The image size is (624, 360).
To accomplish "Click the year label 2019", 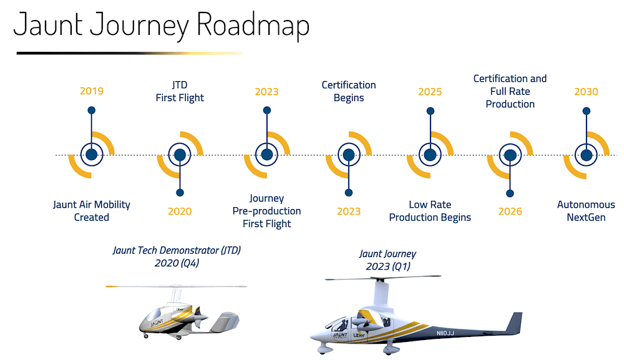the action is point(92,91).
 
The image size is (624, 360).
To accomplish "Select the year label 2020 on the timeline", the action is point(180,212).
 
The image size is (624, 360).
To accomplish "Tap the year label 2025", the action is point(430,92).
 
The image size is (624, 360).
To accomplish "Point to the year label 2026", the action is point(510,212).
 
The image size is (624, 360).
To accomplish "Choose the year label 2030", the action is point(586,92).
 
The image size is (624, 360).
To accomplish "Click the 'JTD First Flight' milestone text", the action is point(180,92).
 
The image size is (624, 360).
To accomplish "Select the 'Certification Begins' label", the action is point(349,92).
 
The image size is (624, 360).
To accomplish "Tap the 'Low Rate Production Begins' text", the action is point(430,211).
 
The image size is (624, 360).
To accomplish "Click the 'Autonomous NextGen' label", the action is point(586,211).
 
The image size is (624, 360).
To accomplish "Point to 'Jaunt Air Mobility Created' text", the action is point(92,211).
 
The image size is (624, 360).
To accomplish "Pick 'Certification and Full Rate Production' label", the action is point(510,92).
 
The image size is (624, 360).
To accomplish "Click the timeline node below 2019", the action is point(92,155).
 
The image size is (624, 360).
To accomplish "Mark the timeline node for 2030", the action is point(586,155).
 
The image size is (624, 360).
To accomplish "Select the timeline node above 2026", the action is point(510,155).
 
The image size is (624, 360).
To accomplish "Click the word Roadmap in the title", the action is point(253,25).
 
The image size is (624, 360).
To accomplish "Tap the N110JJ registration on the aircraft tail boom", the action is point(445,333).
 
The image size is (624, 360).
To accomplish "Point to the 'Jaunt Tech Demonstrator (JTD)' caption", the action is point(177,250).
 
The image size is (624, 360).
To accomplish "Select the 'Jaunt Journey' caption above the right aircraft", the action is point(388,254).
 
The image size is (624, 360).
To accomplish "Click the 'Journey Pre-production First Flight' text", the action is point(266,211).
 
